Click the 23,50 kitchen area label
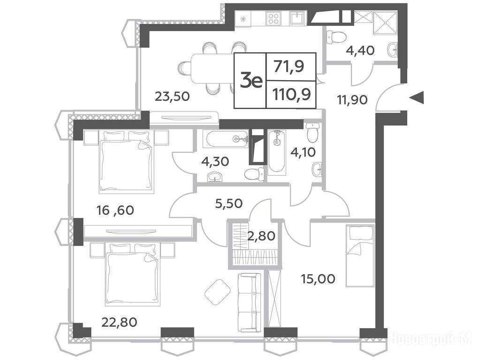172,97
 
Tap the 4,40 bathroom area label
360,50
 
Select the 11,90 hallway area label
352,99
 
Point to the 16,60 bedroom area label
115,210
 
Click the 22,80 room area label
119,322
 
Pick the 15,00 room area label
318,278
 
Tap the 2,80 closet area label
261,236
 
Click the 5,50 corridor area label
228,203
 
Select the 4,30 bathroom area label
215,161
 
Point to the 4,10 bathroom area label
303,152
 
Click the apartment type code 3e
251,81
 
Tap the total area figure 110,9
292,95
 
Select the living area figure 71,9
288,67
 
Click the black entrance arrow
416,97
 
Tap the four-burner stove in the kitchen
274,18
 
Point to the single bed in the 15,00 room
360,256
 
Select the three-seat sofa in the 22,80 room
250,303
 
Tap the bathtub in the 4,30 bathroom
227,140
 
